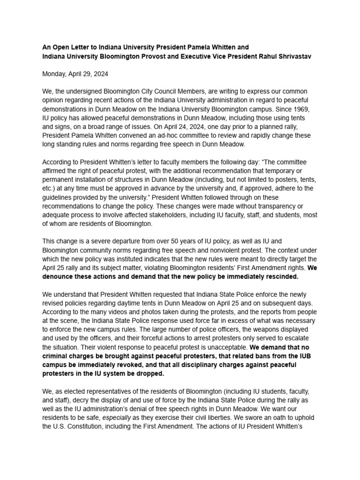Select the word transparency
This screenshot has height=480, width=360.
[x=273, y=206]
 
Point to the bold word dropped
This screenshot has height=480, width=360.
[x=150, y=374]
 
